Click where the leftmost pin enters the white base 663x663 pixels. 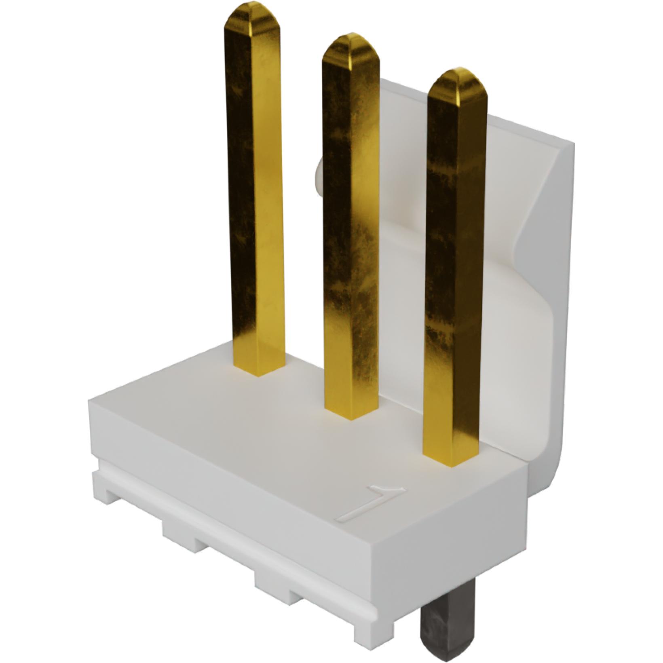tap(260, 370)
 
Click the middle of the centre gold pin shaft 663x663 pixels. tap(351, 226)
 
